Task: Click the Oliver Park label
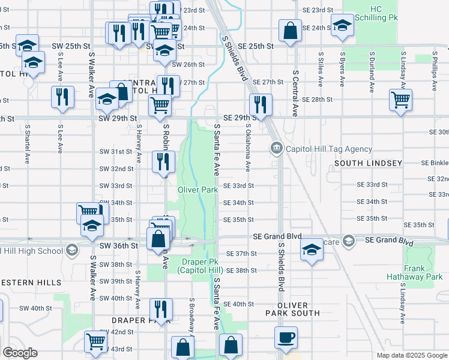(x=197, y=190)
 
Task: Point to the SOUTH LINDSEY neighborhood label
(x=368, y=163)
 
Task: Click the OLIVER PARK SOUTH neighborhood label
(x=293, y=308)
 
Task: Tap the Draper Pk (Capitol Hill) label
(x=200, y=266)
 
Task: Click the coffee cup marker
(x=286, y=337)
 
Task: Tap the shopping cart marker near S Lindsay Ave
(x=400, y=99)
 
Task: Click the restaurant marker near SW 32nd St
(x=163, y=161)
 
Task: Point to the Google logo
(x=19, y=353)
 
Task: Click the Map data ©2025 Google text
(x=411, y=355)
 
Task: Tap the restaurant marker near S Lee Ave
(x=62, y=97)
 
